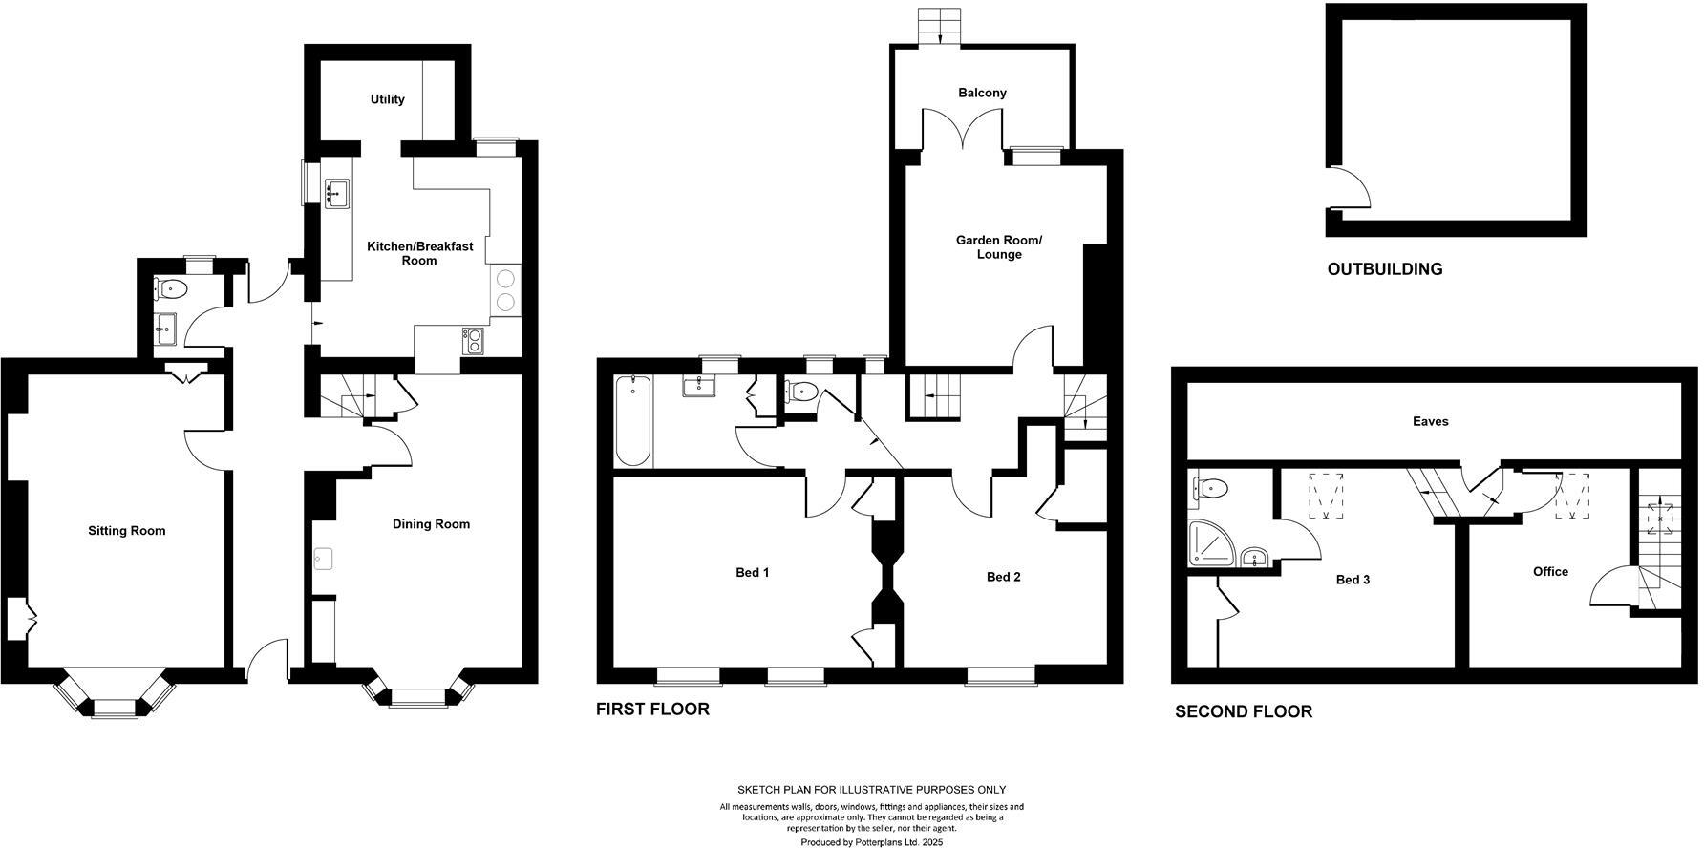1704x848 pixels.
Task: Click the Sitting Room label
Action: click(x=126, y=531)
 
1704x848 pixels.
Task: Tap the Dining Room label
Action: click(x=431, y=524)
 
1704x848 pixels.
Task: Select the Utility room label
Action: click(x=388, y=99)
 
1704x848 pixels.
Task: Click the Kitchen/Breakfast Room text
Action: click(x=419, y=253)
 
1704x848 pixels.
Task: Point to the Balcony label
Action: click(x=983, y=93)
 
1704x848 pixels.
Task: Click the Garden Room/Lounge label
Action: click(x=999, y=247)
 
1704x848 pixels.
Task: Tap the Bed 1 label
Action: click(x=752, y=573)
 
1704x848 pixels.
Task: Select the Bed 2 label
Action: click(x=1003, y=577)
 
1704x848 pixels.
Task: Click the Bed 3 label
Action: click(x=1353, y=580)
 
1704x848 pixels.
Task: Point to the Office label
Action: click(x=1550, y=571)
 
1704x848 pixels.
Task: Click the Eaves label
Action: click(x=1430, y=421)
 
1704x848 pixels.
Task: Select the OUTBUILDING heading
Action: click(x=1384, y=269)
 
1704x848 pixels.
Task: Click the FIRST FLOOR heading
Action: click(x=652, y=710)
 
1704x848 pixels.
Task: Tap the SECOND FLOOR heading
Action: click(x=1243, y=711)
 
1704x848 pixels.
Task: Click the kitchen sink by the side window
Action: click(x=336, y=193)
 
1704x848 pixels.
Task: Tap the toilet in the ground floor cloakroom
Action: click(x=171, y=287)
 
